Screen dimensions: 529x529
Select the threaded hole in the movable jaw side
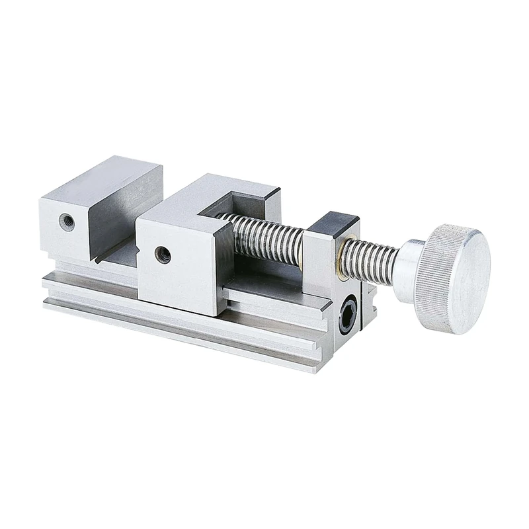coord(161,253)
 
